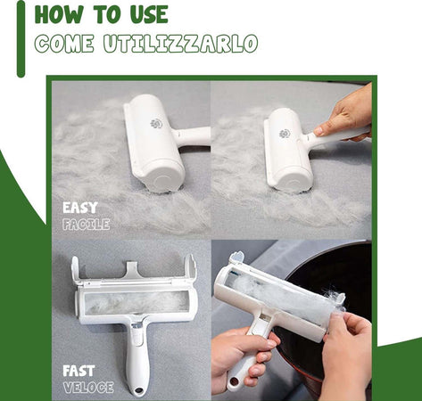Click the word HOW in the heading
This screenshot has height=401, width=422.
pyautogui.click(x=59, y=15)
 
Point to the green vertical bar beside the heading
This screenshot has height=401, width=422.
pyautogui.click(x=21, y=36)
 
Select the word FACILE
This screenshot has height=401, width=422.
pyautogui.click(x=86, y=224)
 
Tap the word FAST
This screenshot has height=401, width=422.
pyautogui.click(x=79, y=370)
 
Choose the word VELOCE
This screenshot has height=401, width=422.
pyautogui.click(x=87, y=387)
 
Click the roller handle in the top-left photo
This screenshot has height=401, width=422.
pyautogui.click(x=192, y=136)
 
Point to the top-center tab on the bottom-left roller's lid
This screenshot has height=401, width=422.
pyautogui.click(x=133, y=267)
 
